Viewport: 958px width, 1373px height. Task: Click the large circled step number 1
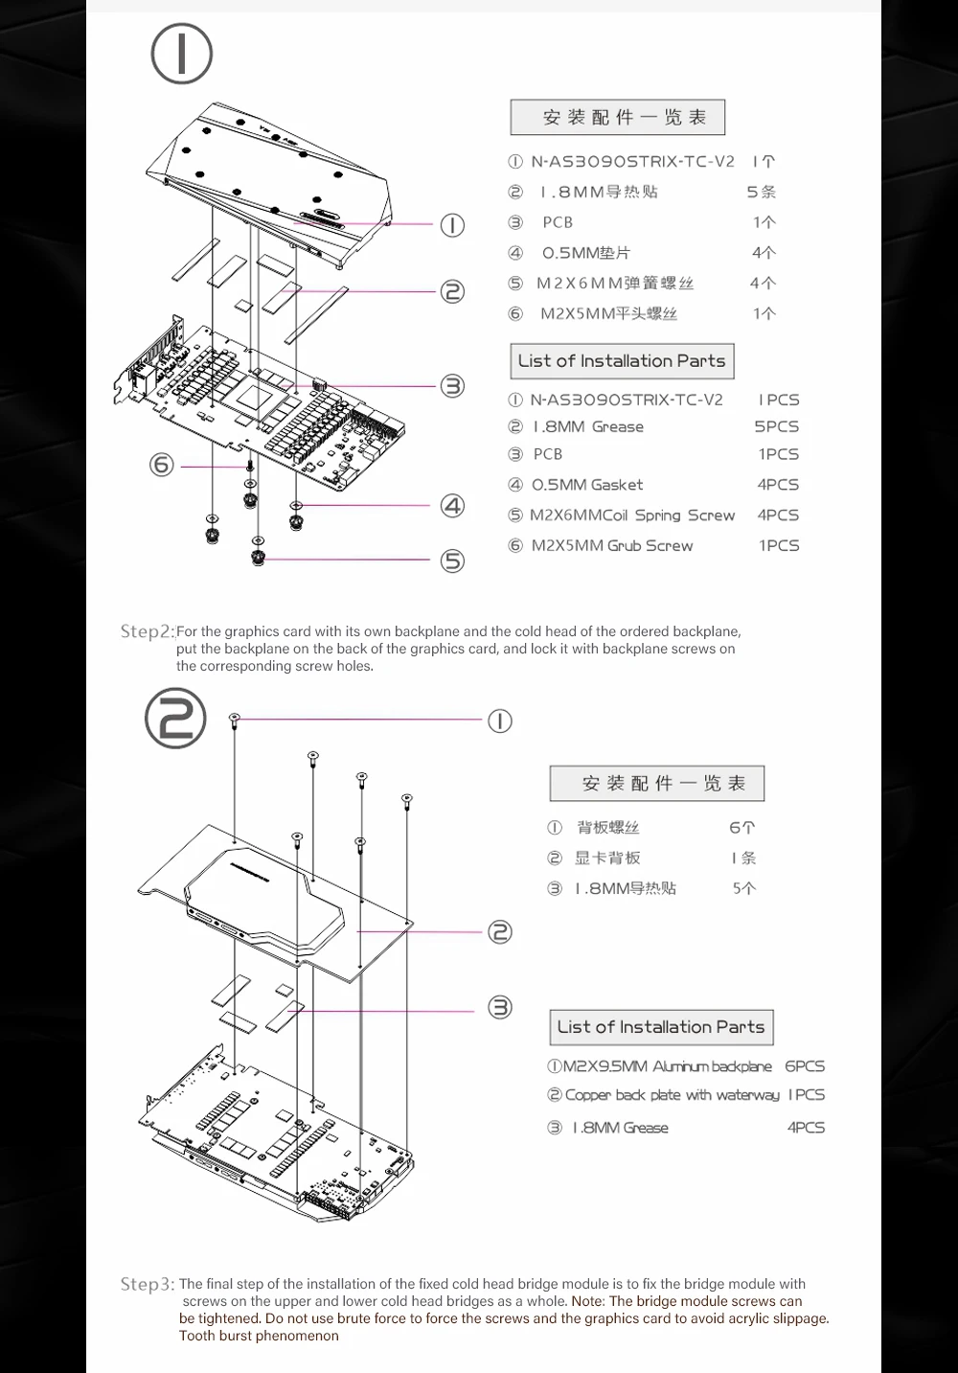[x=181, y=55]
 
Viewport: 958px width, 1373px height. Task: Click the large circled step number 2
[x=175, y=719]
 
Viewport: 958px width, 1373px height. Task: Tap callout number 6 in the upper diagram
[x=161, y=465]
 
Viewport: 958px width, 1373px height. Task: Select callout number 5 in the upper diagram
[x=452, y=561]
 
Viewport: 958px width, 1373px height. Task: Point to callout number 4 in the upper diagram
[x=452, y=505]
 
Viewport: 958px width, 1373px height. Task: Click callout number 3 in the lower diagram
[x=500, y=1007]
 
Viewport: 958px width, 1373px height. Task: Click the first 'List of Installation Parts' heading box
[x=622, y=361]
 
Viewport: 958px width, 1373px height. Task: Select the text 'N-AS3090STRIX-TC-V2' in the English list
[x=627, y=400]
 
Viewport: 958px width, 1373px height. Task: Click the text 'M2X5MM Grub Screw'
[x=611, y=545]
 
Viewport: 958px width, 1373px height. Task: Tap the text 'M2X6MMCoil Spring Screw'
[x=631, y=515]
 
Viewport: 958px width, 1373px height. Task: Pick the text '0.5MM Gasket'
[x=587, y=485]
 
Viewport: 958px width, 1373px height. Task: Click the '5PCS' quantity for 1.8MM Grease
[x=776, y=426]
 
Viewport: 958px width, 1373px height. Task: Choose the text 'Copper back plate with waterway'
[x=672, y=1094]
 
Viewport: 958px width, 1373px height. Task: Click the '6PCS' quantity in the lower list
[x=804, y=1065]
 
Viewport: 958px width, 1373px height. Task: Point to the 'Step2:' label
[x=148, y=631]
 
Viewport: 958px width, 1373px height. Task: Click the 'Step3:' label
[x=148, y=1284]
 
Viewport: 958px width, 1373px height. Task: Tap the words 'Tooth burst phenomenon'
[x=259, y=1336]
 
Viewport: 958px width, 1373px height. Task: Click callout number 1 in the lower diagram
[x=500, y=721]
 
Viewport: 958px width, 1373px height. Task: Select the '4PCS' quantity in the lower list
[x=806, y=1128]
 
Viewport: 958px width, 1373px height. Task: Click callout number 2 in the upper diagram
[x=452, y=291]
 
